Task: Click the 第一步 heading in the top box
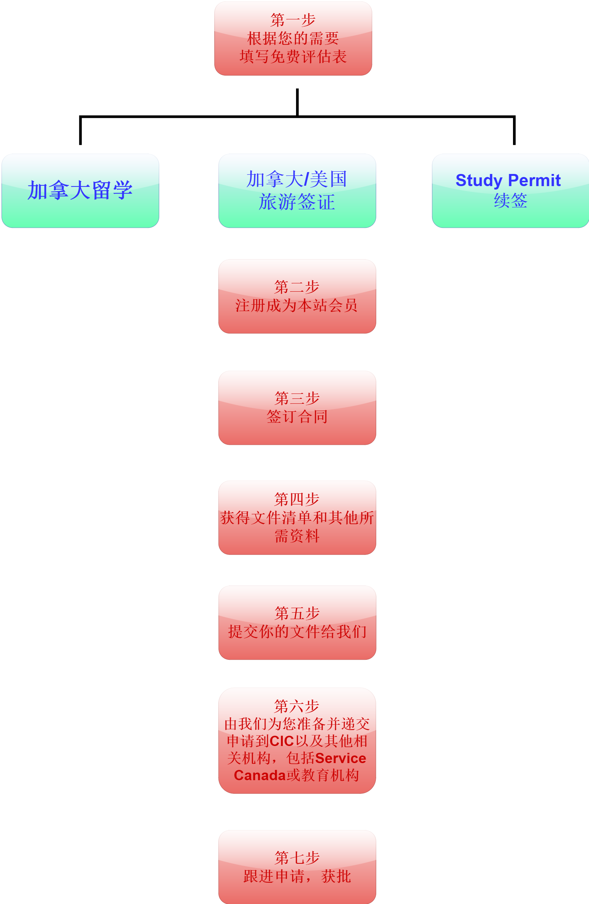click(293, 20)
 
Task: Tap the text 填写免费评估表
click(293, 57)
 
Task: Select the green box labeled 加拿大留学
click(80, 191)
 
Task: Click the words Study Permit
click(508, 180)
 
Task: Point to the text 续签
click(510, 201)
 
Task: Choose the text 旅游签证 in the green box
click(297, 202)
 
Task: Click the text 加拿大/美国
click(297, 179)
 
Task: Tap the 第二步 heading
click(297, 287)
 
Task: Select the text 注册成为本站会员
click(297, 305)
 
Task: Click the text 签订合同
click(297, 417)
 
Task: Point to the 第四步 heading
click(297, 499)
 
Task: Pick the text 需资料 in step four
click(297, 536)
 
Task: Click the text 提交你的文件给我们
click(297, 632)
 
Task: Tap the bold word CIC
click(282, 741)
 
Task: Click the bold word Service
click(341, 758)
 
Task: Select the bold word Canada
click(260, 775)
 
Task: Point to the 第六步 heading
click(297, 706)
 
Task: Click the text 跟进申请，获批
click(297, 876)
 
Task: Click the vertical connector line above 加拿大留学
click(80, 130)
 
